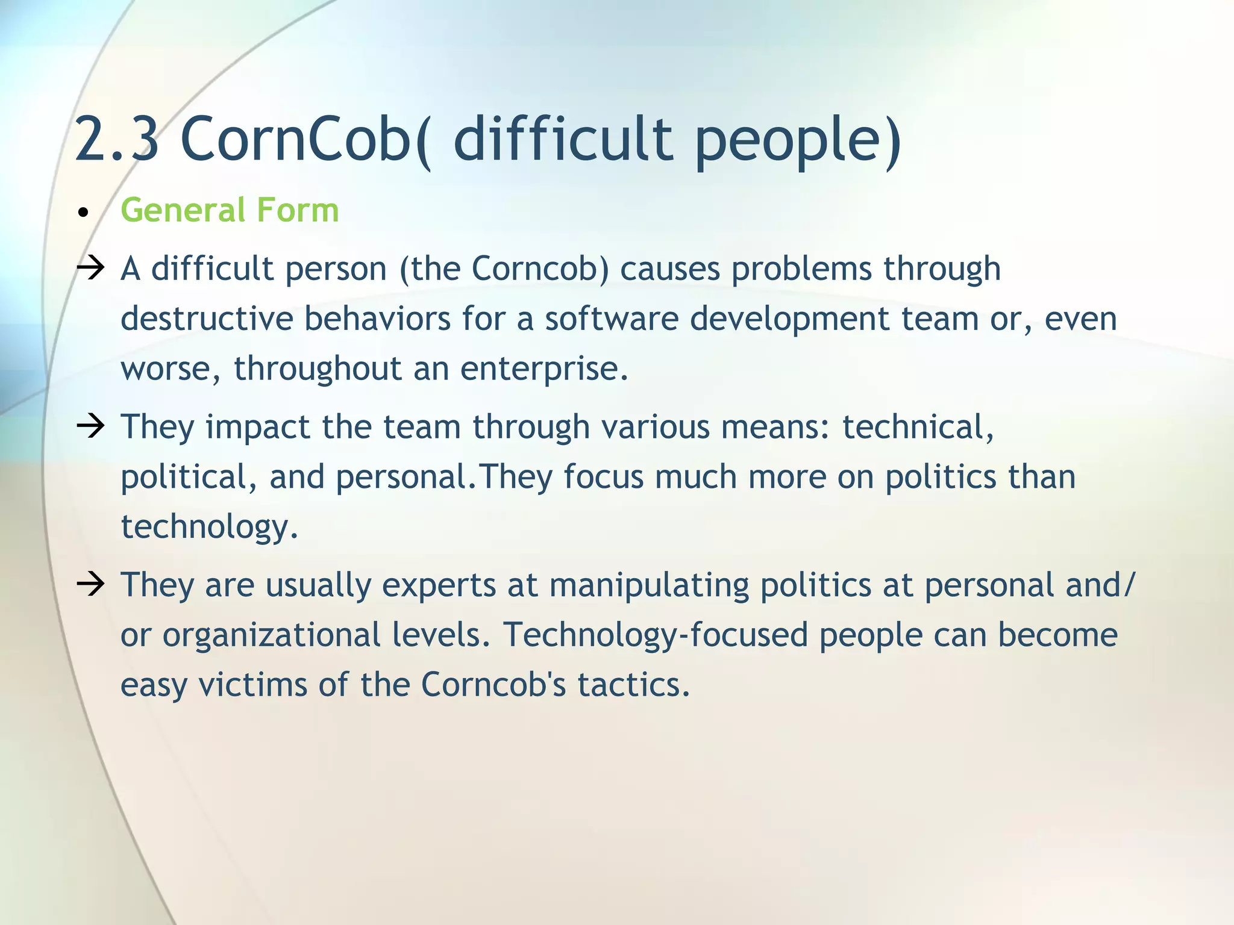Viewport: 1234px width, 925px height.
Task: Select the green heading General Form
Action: pyautogui.click(x=230, y=210)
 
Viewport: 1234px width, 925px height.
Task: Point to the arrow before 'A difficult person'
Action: pyautogui.click(x=91, y=268)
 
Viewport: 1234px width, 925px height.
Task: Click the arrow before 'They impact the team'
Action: pyautogui.click(x=91, y=426)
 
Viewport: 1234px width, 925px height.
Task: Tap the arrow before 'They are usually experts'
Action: pyautogui.click(x=91, y=584)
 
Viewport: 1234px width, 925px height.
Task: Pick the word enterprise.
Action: pyautogui.click(x=544, y=369)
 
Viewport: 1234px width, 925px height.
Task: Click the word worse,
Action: pyautogui.click(x=171, y=369)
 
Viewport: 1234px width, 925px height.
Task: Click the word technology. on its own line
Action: pyautogui.click(x=209, y=527)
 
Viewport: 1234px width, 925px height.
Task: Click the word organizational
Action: pyautogui.click(x=271, y=635)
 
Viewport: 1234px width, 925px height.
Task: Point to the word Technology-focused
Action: pyautogui.click(x=655, y=636)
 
